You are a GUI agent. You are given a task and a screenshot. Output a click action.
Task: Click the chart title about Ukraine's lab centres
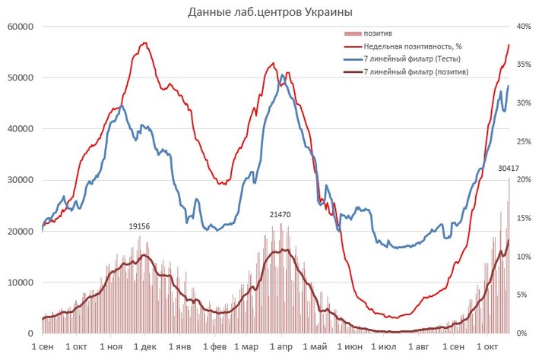[x=270, y=12]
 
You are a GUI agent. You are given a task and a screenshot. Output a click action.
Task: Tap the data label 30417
[x=509, y=168]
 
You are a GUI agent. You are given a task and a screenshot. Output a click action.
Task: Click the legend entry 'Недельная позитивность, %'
[x=407, y=47]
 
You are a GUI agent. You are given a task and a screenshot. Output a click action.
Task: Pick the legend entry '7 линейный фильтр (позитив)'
[x=415, y=71]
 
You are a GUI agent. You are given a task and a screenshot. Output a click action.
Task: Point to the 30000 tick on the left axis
[x=18, y=180]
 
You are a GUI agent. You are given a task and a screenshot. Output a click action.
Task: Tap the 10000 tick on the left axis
[x=18, y=283]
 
